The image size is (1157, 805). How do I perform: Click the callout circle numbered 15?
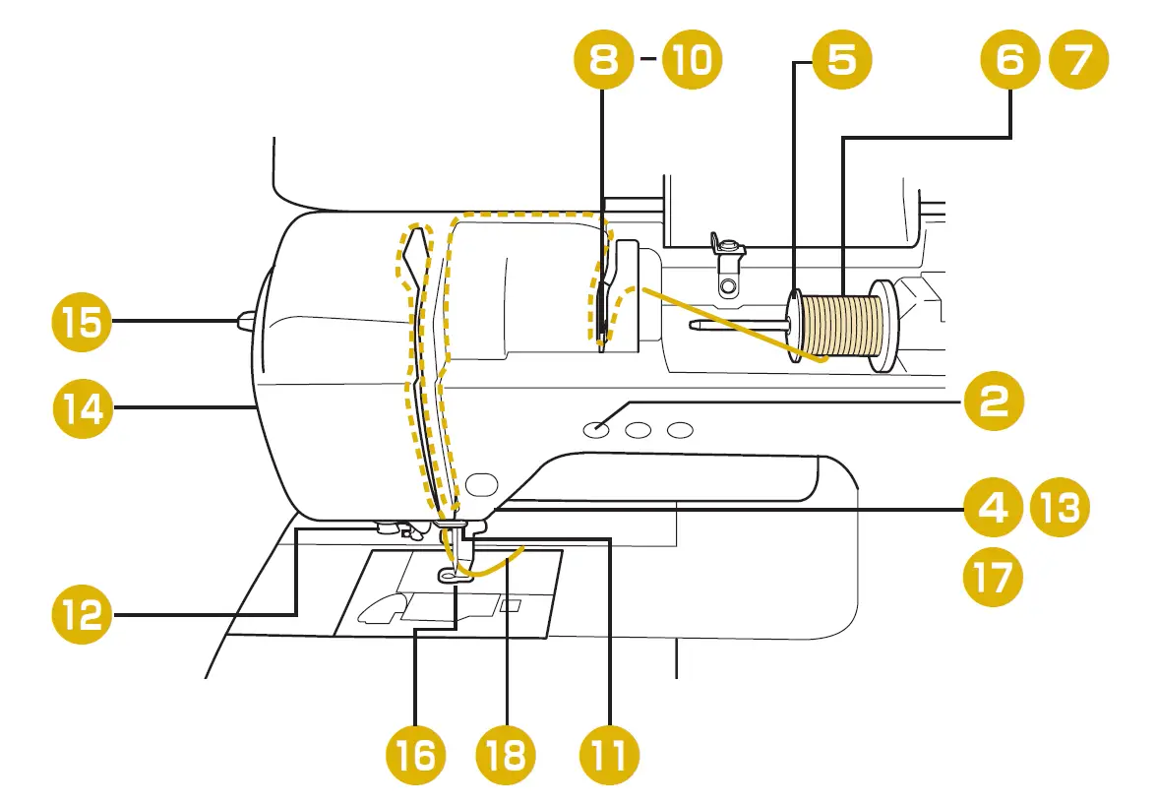pyautogui.click(x=83, y=322)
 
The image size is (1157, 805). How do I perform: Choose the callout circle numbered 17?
pyautogui.click(x=992, y=577)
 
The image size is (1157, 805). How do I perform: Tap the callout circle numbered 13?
pyautogui.click(x=1059, y=508)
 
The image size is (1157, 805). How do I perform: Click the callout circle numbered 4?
pyautogui.click(x=992, y=508)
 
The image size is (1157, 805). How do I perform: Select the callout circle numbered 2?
pyautogui.click(x=992, y=402)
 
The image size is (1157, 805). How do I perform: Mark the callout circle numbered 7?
pyautogui.click(x=1078, y=61)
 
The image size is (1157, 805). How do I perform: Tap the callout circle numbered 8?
pyautogui.click(x=604, y=61)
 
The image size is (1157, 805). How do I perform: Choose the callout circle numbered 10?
pyautogui.click(x=692, y=61)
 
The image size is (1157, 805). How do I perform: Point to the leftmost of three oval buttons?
pyautogui.click(x=594, y=429)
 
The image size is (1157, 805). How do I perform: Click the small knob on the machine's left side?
pyautogui.click(x=246, y=318)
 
